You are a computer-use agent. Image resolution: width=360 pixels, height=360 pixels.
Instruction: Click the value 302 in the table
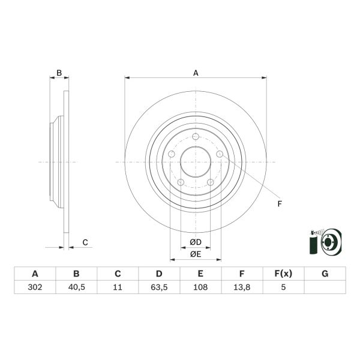pyautogui.click(x=35, y=287)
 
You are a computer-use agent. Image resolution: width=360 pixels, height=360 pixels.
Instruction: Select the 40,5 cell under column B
pyautogui.click(x=76, y=287)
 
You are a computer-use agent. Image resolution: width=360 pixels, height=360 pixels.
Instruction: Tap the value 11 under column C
pyautogui.click(x=118, y=287)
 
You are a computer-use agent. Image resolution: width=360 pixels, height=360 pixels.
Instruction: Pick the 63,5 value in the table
pyautogui.click(x=159, y=287)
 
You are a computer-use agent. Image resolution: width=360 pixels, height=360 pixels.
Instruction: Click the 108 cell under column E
pyautogui.click(x=200, y=287)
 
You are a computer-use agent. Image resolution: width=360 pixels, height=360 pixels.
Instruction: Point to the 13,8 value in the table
pyautogui.click(x=242, y=287)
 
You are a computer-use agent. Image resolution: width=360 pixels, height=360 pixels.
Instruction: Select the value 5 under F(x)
pyautogui.click(x=283, y=287)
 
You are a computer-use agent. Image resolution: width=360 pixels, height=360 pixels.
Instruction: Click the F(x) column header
pyautogui.click(x=283, y=274)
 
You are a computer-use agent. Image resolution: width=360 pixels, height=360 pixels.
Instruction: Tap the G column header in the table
pyautogui.click(x=325, y=274)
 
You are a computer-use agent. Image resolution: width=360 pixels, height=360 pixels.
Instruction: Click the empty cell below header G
pyautogui.click(x=325, y=287)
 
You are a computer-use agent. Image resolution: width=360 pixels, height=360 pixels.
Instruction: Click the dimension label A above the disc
pyautogui.click(x=196, y=73)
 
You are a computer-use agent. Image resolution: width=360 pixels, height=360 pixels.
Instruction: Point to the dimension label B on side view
pyautogui.click(x=59, y=73)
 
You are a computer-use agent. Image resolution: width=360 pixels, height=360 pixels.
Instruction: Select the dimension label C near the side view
pyautogui.click(x=85, y=242)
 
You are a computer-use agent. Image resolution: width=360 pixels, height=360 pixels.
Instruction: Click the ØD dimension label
pyautogui.click(x=196, y=242)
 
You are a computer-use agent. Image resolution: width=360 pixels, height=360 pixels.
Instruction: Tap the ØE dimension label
pyautogui.click(x=196, y=254)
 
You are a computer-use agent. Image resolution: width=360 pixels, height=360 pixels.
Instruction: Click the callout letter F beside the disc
pyautogui.click(x=279, y=204)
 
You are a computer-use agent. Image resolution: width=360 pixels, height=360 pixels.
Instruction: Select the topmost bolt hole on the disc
pyautogui.click(x=196, y=136)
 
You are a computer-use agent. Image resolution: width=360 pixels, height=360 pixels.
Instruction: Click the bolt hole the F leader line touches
pyautogui.click(x=220, y=155)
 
